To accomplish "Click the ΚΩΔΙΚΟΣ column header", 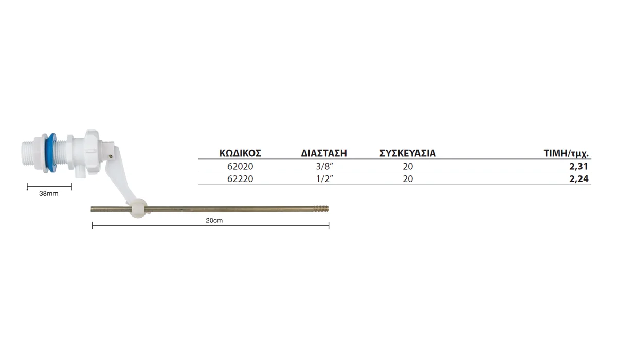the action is point(240,153).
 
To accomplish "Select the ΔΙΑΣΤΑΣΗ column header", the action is point(323,153).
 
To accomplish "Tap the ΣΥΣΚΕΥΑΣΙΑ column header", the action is point(408,153).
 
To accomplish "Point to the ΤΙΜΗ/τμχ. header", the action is point(566,153).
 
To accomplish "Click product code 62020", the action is point(240,166).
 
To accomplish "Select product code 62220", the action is point(240,179).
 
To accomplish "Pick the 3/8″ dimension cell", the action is point(324,166).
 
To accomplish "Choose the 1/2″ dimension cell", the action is point(324,179).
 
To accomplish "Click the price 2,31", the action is point(579,166).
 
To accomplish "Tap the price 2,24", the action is point(579,179).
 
